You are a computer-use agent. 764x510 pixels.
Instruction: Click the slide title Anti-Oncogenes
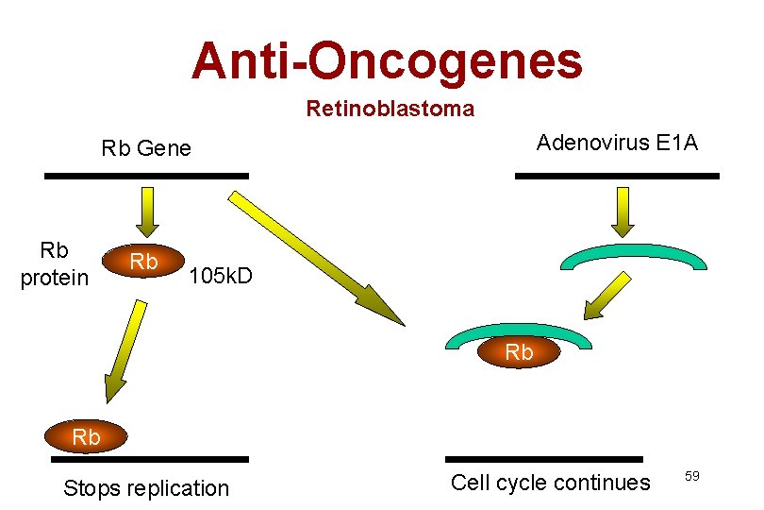pos(387,60)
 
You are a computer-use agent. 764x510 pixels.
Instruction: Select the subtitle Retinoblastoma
pos(390,110)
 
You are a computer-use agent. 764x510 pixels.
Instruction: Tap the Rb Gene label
pos(146,148)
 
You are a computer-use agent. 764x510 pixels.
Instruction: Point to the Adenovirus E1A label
pos(617,143)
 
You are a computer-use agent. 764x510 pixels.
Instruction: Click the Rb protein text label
pos(55,263)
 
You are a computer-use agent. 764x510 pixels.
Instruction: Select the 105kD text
pos(221,277)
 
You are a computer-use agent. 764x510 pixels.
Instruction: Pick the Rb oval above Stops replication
pos(86,437)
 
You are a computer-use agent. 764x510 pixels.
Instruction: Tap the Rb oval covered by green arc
pos(519,352)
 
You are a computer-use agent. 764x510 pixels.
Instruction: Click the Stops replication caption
pos(146,488)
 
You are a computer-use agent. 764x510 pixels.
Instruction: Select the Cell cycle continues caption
pos(550,483)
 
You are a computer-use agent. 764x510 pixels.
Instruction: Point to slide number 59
pos(691,476)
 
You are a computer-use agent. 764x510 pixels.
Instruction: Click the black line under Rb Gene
pos(146,176)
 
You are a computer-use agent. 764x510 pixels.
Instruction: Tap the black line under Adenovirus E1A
pos(617,176)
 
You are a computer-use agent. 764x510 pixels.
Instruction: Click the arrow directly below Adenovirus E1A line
pos(622,211)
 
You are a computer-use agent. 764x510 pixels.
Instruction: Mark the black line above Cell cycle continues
pos(543,459)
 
